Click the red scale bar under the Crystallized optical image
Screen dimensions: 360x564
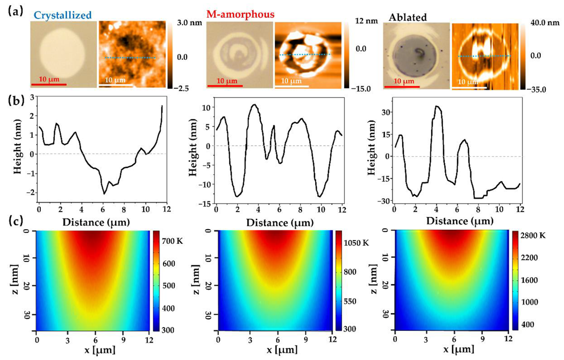[48, 84]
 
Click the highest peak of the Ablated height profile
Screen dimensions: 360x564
[437, 107]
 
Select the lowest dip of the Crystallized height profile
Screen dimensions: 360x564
[104, 193]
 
